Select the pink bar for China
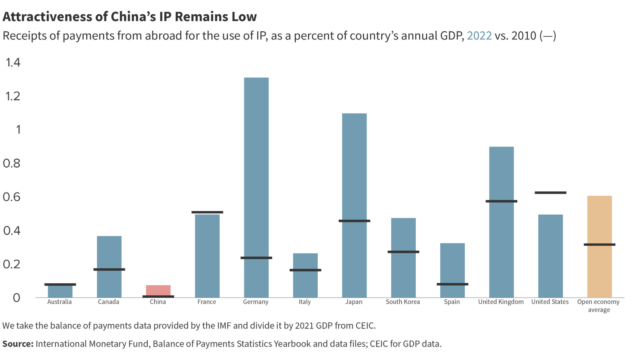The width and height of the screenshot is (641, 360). pyautogui.click(x=158, y=290)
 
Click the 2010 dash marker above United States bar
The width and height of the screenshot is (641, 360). pyautogui.click(x=550, y=193)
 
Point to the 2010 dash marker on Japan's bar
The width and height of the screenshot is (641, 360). pyautogui.click(x=354, y=221)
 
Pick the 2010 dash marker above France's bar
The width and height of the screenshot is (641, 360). pyautogui.click(x=207, y=212)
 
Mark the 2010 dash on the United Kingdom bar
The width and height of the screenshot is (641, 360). pyautogui.click(x=501, y=201)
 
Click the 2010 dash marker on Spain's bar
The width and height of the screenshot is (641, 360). pyautogui.click(x=452, y=284)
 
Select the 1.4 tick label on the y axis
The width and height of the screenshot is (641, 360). pyautogui.click(x=13, y=62)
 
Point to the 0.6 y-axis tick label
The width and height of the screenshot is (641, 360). pyautogui.click(x=12, y=197)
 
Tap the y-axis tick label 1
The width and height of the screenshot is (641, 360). pyautogui.click(x=18, y=130)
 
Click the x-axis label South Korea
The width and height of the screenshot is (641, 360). pyautogui.click(x=403, y=302)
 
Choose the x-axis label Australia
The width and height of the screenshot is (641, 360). pyautogui.click(x=59, y=302)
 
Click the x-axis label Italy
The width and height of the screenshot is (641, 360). pyautogui.click(x=305, y=302)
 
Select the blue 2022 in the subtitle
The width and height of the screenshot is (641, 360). pyautogui.click(x=479, y=36)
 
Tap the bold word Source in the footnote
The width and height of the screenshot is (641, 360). pyautogui.click(x=17, y=344)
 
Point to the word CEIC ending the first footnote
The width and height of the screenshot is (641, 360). pyautogui.click(x=365, y=326)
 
